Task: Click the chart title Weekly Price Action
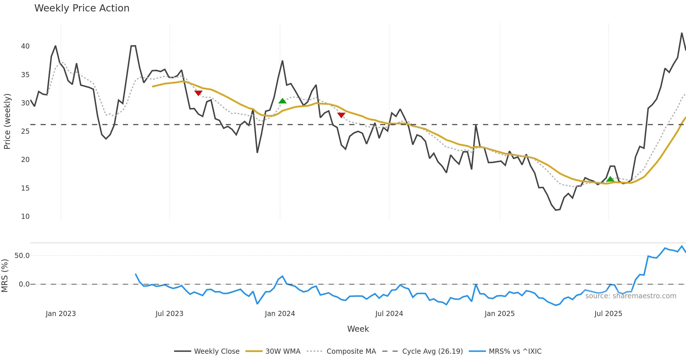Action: click(x=82, y=8)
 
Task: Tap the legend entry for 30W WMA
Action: click(x=283, y=351)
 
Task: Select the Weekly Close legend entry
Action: click(x=217, y=351)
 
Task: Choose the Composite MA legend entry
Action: click(x=351, y=351)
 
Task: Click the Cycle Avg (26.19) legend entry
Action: click(x=432, y=351)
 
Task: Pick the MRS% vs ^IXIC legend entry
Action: click(x=515, y=351)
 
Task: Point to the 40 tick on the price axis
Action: click(x=25, y=46)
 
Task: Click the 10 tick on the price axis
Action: click(x=25, y=217)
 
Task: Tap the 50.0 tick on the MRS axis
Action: click(x=22, y=256)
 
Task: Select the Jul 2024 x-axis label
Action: click(x=389, y=314)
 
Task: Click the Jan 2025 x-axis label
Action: click(x=499, y=314)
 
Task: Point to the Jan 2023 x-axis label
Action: click(x=61, y=314)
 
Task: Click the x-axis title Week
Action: click(x=358, y=329)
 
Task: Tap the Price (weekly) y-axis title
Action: click(x=7, y=121)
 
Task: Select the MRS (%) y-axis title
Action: click(x=5, y=276)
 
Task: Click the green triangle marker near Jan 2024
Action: click(x=282, y=101)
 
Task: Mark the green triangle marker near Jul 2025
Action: click(x=610, y=179)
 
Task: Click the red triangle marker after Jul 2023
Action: click(x=198, y=93)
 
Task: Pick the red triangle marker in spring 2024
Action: click(x=341, y=115)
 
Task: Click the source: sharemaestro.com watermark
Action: click(x=631, y=296)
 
